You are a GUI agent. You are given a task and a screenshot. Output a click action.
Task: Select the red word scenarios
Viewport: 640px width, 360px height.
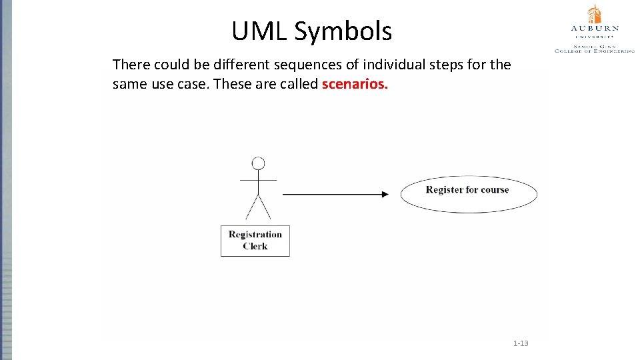pyautogui.click(x=355, y=85)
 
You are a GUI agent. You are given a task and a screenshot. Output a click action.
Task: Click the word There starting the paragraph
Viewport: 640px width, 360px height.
pyautogui.click(x=131, y=65)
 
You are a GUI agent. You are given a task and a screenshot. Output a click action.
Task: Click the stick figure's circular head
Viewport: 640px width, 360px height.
pyautogui.click(x=258, y=163)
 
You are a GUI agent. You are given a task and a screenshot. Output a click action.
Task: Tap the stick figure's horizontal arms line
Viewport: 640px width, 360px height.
pyautogui.click(x=258, y=180)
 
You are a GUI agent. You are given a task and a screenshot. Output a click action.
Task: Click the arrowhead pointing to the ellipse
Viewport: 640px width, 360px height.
pyautogui.click(x=385, y=194)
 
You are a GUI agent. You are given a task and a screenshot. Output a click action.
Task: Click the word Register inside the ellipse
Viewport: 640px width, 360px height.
pyautogui.click(x=445, y=190)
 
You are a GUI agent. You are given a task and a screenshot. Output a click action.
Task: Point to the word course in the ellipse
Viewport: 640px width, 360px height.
pyautogui.click(x=495, y=190)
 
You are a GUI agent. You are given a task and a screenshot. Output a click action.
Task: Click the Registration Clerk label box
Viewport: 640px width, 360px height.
pyautogui.click(x=255, y=241)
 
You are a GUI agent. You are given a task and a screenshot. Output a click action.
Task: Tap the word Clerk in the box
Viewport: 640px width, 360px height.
pyautogui.click(x=255, y=246)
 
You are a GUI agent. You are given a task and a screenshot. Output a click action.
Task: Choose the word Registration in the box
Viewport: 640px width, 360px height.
pyautogui.click(x=255, y=234)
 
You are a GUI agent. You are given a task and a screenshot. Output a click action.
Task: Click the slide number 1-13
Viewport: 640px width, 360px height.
pyautogui.click(x=521, y=343)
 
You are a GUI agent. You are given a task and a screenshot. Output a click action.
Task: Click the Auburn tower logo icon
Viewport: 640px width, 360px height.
pyautogui.click(x=594, y=14)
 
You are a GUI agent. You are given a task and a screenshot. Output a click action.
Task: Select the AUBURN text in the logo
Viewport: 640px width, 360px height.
pyautogui.click(x=594, y=29)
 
